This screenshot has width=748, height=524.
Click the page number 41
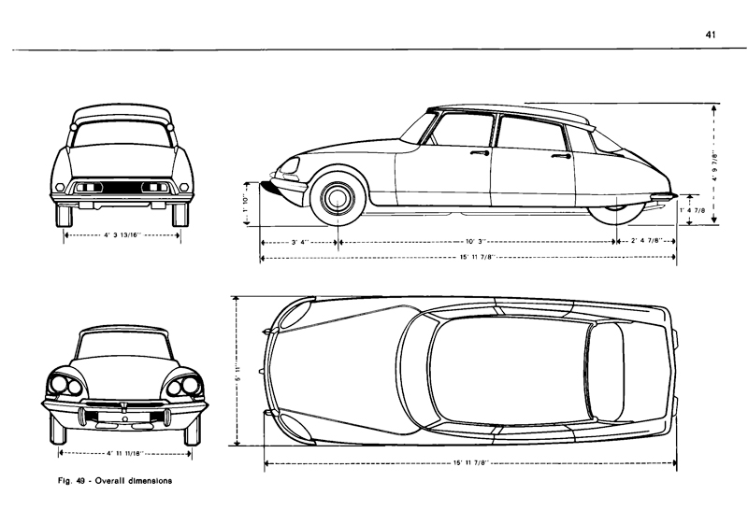click(711, 35)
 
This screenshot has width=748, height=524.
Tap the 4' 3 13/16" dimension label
click(122, 236)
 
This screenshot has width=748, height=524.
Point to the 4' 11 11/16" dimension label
click(124, 453)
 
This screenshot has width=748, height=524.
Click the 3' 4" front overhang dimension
click(300, 243)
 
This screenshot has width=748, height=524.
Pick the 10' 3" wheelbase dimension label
click(477, 243)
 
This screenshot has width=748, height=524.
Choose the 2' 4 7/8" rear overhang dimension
click(647, 242)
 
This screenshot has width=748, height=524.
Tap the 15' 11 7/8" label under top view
click(473, 463)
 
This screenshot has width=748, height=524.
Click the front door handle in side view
click(481, 151)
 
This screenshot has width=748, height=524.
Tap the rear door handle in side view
click(561, 157)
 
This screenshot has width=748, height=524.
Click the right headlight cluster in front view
click(184, 384)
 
